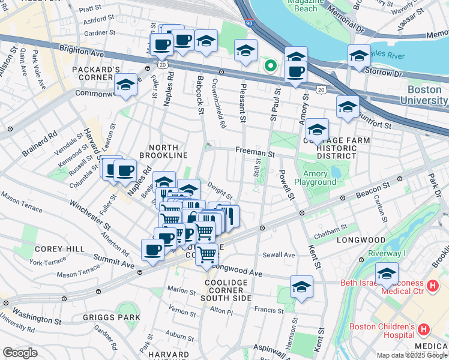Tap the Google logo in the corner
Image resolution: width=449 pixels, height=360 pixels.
(x=20, y=353)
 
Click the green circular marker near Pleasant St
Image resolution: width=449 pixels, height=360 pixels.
(x=271, y=66)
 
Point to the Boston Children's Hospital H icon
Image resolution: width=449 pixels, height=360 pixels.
(x=423, y=329)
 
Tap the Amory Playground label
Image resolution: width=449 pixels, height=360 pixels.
(x=315, y=178)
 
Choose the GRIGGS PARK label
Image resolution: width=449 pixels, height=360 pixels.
(x=112, y=317)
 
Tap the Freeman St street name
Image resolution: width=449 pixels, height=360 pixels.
(x=255, y=154)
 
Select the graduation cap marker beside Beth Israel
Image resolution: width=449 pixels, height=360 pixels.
(x=387, y=274)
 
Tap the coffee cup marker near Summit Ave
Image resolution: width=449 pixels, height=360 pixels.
(x=152, y=249)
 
